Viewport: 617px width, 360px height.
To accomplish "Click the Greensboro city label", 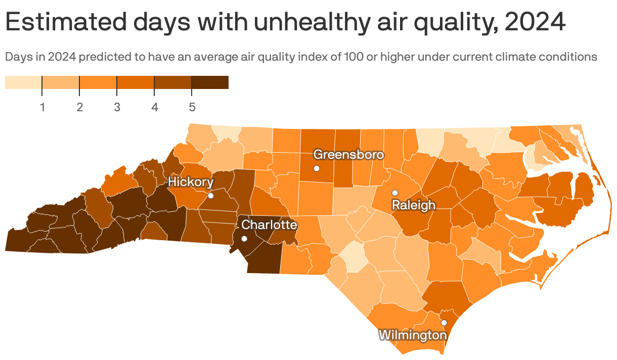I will click(x=348, y=155).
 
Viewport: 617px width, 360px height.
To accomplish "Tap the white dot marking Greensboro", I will click(x=317, y=168).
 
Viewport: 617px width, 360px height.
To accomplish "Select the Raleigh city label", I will click(x=413, y=205).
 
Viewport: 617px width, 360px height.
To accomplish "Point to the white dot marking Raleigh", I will click(x=395, y=193).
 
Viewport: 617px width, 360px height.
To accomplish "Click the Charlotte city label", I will click(x=269, y=225).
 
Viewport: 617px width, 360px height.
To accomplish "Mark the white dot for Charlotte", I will click(x=244, y=239).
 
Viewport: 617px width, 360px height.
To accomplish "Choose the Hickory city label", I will click(x=191, y=182).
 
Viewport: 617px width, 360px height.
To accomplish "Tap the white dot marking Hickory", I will click(x=211, y=196).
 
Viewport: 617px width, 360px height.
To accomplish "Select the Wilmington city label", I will click(x=413, y=335).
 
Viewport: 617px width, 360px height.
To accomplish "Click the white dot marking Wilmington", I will click(x=444, y=323).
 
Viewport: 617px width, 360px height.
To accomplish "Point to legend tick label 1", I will click(x=42, y=107).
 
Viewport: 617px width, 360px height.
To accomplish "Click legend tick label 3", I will click(x=117, y=107).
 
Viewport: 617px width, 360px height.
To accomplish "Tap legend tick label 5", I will click(x=192, y=107).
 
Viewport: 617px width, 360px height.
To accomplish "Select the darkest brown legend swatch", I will click(x=210, y=82).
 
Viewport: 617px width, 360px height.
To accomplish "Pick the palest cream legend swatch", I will click(x=23, y=82).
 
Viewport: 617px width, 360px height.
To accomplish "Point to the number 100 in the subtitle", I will click(x=353, y=57).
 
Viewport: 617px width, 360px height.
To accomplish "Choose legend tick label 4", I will click(x=154, y=107).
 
